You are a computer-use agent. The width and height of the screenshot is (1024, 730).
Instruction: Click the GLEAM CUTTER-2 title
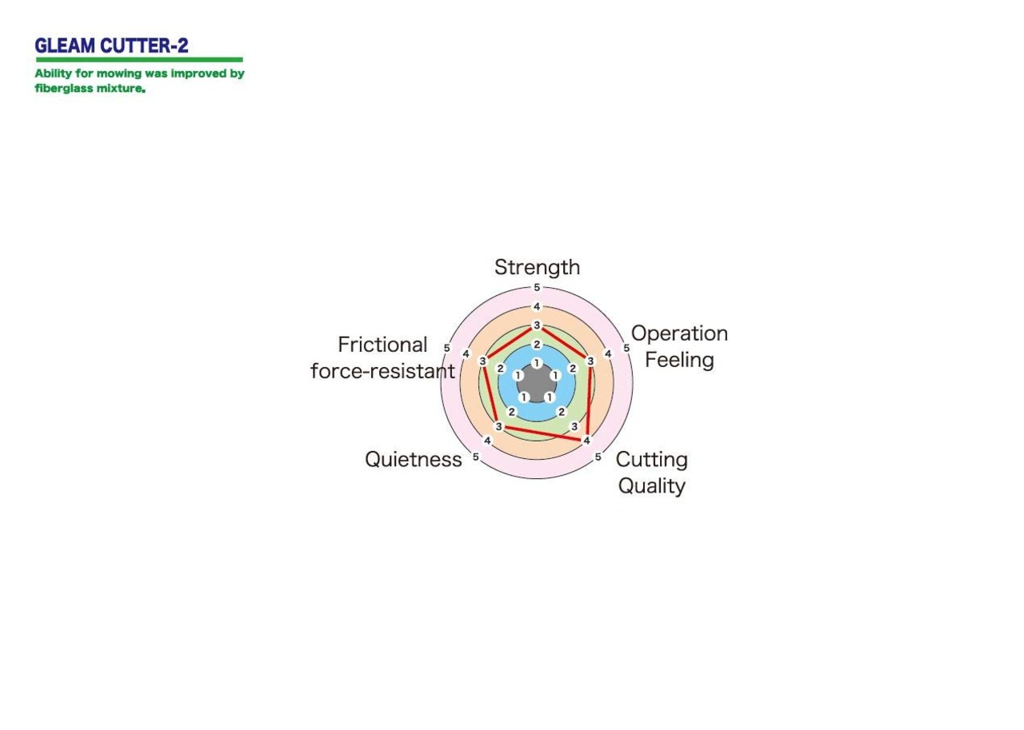point(111,46)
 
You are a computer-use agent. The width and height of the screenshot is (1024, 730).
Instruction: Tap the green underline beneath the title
point(139,59)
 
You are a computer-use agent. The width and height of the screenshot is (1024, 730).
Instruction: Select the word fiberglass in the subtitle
point(63,88)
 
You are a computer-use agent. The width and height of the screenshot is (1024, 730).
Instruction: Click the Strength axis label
point(537,267)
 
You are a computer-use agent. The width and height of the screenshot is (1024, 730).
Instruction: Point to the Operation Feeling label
point(679,346)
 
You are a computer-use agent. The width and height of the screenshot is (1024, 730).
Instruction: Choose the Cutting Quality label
point(651,473)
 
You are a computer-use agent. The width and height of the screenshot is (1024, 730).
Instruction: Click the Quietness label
point(414,459)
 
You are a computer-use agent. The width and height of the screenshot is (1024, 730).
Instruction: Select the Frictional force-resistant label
point(382,357)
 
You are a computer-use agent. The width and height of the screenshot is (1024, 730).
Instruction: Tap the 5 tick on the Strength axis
point(537,287)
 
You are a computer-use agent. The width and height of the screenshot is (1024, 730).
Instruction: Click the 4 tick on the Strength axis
point(537,306)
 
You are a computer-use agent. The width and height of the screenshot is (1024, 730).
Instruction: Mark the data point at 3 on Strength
point(537,325)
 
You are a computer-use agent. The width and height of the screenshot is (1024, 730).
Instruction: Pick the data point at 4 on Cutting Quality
point(586,441)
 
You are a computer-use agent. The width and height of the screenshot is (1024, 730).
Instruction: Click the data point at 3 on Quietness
point(498,427)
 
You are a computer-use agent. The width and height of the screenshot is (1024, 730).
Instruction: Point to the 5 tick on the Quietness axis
point(476,457)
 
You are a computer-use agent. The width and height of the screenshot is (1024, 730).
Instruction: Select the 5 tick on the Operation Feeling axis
point(626,348)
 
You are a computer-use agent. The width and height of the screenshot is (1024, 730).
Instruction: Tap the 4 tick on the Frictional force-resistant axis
point(466,354)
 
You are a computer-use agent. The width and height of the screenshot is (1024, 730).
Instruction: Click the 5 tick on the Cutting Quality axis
point(598,457)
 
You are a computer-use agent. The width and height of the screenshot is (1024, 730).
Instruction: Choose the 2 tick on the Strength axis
point(537,345)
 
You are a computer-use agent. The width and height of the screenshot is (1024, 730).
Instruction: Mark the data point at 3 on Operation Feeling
point(590,361)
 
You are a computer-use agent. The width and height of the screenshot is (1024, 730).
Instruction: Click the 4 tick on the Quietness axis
point(488,441)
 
